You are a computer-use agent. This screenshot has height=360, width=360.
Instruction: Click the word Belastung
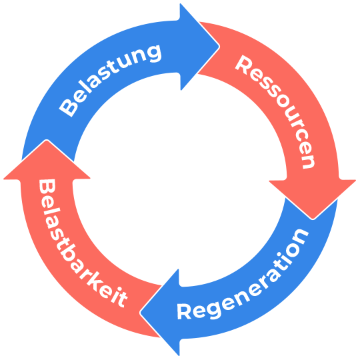click(x=110, y=81)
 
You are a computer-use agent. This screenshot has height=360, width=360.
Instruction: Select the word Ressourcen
click(x=275, y=112)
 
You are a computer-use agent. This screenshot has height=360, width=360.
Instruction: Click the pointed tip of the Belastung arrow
click(x=219, y=47)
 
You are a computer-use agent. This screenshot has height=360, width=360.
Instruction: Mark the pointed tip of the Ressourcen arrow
click(x=313, y=219)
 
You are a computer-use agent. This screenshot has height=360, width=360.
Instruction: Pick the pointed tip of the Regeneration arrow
click(x=141, y=313)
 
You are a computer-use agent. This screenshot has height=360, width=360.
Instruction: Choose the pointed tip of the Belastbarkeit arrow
click(x=47, y=140)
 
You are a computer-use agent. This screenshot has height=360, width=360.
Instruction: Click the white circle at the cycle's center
click(x=180, y=180)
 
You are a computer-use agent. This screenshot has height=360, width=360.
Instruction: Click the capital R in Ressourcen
click(x=244, y=65)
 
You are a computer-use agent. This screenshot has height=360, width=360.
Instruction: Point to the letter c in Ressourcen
click(x=303, y=138)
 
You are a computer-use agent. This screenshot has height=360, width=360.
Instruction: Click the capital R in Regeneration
click(x=184, y=311)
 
